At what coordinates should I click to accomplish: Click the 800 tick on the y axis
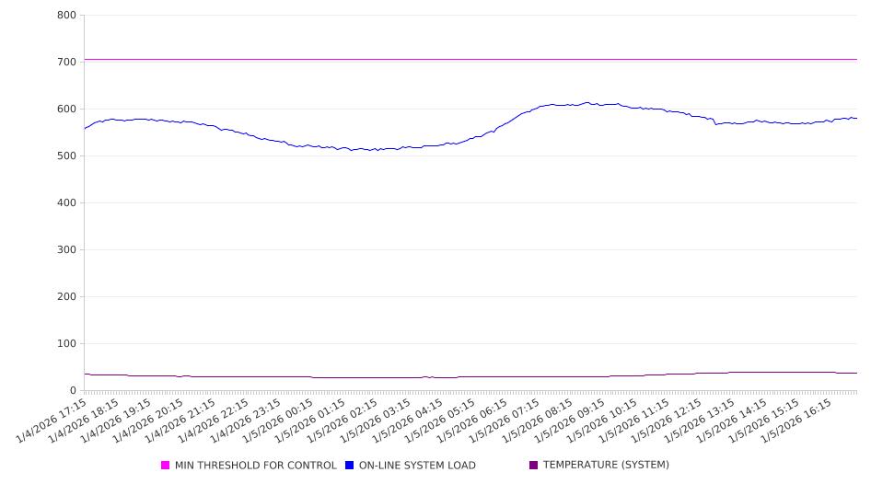tap(66, 15)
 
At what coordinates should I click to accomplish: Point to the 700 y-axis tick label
tap(66, 62)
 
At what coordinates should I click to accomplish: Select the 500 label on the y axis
tap(66, 156)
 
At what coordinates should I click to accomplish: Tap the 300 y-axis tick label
tap(66, 249)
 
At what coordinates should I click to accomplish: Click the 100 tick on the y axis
tap(66, 343)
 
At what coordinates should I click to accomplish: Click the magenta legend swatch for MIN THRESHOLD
tap(166, 466)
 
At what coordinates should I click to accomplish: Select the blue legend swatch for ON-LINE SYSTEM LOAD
tap(350, 466)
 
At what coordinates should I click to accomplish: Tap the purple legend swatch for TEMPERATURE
tap(534, 466)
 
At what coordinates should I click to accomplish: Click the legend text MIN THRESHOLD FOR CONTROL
tap(255, 466)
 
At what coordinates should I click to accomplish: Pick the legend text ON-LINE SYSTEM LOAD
tap(417, 466)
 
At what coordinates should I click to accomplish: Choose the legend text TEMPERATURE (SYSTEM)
tap(606, 466)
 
